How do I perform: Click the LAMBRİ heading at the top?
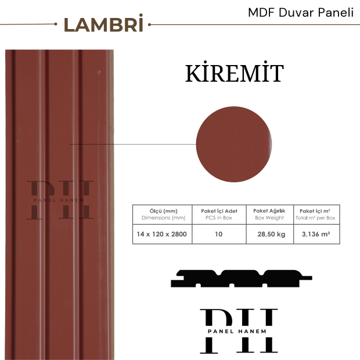103,25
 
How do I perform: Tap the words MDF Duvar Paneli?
300,12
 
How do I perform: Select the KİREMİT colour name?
234,74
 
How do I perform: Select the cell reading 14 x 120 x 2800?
163,234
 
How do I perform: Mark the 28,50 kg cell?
269,234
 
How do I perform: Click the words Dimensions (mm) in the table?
163,218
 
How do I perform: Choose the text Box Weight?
269,218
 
